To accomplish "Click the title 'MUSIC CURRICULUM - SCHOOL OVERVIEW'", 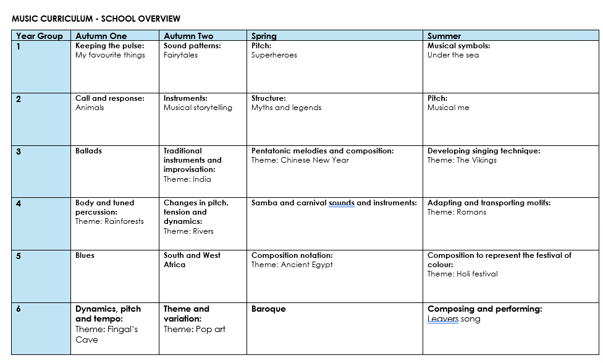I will pos(96,19).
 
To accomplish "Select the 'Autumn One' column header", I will pos(101,36).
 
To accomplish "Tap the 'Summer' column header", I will pos(444,36).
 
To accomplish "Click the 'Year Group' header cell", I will pos(40,36).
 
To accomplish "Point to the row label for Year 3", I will pos(19,152).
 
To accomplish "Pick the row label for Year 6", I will pos(19,309).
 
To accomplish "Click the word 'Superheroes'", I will pos(274,55).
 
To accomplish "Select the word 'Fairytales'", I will pos(180,55).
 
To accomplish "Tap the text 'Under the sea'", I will pos(453,55).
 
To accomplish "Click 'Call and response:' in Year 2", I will pos(109,98).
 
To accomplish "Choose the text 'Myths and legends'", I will pos(286,108).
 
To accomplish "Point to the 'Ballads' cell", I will pos(88,151).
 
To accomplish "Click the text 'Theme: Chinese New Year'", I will pos(300,160).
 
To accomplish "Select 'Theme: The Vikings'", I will pos(462,160).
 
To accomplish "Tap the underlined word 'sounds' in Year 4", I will pos(341,203).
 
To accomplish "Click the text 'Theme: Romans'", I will pos(457,212).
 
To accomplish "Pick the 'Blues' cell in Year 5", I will pos(85,255).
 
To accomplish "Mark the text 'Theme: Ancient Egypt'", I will pos(292,265).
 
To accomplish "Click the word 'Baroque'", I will pos(268,309).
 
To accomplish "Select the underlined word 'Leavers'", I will pos(442,319).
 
